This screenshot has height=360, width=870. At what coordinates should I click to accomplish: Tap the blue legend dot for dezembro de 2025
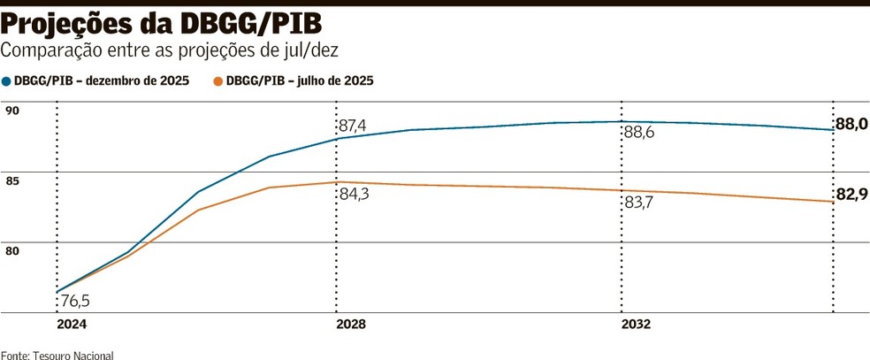pos(7,81)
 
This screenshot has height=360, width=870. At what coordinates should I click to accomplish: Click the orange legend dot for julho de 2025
pos(218,81)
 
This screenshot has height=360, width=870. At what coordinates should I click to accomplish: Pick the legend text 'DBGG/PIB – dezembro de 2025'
pos(102,81)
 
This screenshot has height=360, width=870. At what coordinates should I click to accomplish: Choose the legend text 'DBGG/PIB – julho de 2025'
pos(300,81)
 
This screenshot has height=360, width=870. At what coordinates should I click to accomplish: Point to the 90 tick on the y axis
pos(11,111)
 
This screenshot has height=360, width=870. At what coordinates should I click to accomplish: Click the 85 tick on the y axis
pos(11,180)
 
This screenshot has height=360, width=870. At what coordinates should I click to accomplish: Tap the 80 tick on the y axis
pos(11,251)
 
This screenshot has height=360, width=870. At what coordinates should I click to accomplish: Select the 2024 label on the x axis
pos(72,325)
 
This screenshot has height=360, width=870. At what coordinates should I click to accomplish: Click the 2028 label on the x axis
pos(351,325)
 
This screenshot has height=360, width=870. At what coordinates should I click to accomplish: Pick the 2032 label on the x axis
pos(636,325)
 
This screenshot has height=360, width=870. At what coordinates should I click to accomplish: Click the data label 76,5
pos(75,302)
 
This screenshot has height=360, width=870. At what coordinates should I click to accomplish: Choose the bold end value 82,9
pos(851,195)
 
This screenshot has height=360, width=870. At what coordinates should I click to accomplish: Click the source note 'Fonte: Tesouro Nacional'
pos(57,355)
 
